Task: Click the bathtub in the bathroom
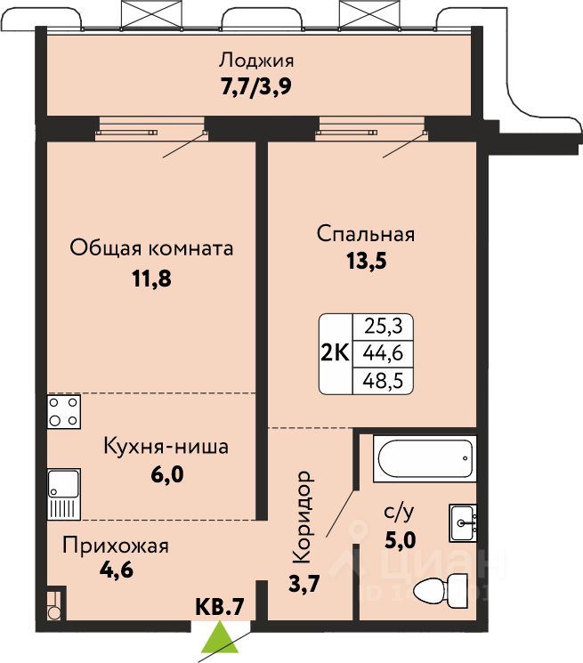click(425, 458)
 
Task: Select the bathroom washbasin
click(463, 523)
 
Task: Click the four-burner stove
click(64, 412)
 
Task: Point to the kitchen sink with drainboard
click(64, 494)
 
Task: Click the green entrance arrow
click(220, 637)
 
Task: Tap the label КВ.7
click(220, 607)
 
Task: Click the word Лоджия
click(256, 61)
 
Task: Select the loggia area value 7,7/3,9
click(256, 87)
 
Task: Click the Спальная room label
click(366, 234)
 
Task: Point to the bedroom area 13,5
click(367, 262)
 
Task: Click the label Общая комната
click(151, 248)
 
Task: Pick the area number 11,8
click(152, 279)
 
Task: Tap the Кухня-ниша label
click(166, 447)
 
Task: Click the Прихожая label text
click(116, 546)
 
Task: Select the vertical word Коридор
click(303, 518)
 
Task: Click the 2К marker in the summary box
click(336, 353)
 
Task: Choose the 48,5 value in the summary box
click(382, 382)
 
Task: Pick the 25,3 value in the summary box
click(383, 326)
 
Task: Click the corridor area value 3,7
click(304, 585)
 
